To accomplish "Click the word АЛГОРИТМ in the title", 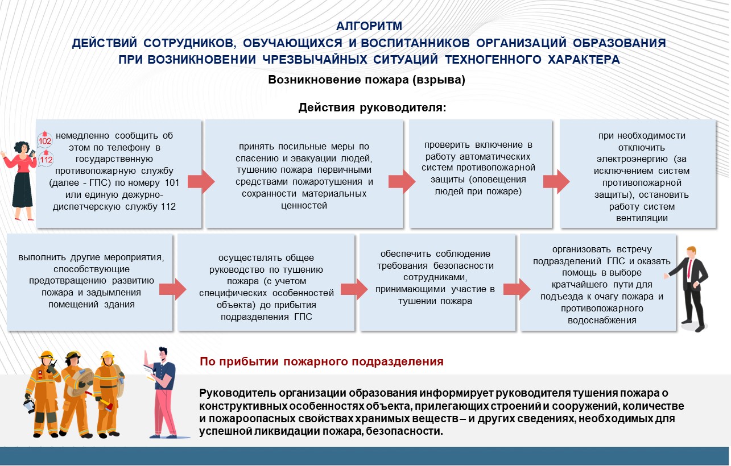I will (369, 26).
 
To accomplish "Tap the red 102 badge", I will (45, 140).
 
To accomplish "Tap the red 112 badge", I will (45, 159).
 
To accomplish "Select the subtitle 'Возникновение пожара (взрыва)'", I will (367, 80).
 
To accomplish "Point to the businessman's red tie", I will (689, 267).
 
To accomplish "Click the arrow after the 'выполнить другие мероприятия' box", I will (172, 289).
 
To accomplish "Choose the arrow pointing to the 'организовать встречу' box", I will (515, 289).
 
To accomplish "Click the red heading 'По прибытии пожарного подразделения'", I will (321, 361).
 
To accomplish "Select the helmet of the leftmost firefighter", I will (47, 355).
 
